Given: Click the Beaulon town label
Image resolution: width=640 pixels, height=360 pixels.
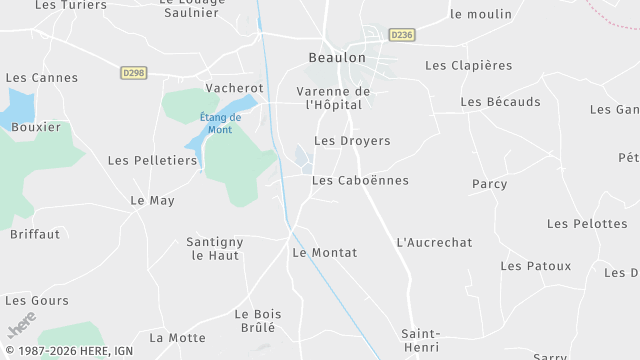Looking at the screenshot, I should tap(337, 58).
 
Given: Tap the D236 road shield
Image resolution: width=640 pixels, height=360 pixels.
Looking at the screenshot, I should tap(402, 34).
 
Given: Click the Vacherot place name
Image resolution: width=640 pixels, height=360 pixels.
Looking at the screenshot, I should tap(234, 88).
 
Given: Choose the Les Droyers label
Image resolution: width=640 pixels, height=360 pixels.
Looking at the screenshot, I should tap(352, 141).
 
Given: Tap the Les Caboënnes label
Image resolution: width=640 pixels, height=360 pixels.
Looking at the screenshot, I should tap(360, 180).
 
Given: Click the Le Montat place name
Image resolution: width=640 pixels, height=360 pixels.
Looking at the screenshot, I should tap(324, 253).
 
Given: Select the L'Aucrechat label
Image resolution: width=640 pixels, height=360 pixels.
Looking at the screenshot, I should tap(434, 242).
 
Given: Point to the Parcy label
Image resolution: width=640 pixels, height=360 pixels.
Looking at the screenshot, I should tap(489, 184).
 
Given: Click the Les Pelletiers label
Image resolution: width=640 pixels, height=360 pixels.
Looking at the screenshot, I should tap(152, 160).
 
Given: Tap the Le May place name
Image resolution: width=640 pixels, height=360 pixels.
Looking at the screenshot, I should tap(152, 200).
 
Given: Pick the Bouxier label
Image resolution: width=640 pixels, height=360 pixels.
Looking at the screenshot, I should tap(36, 127).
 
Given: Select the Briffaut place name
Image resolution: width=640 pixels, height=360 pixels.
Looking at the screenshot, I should tap(35, 234).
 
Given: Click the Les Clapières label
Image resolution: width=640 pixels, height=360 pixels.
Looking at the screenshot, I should tap(468, 66).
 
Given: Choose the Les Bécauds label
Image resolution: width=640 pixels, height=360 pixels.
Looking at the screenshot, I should tap(500, 102).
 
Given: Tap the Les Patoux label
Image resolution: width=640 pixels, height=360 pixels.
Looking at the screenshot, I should tap(536, 266).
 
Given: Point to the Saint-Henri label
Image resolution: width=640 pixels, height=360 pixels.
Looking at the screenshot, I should tap(421, 340).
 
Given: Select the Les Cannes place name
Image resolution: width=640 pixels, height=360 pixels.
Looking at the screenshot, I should tap(41, 77).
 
